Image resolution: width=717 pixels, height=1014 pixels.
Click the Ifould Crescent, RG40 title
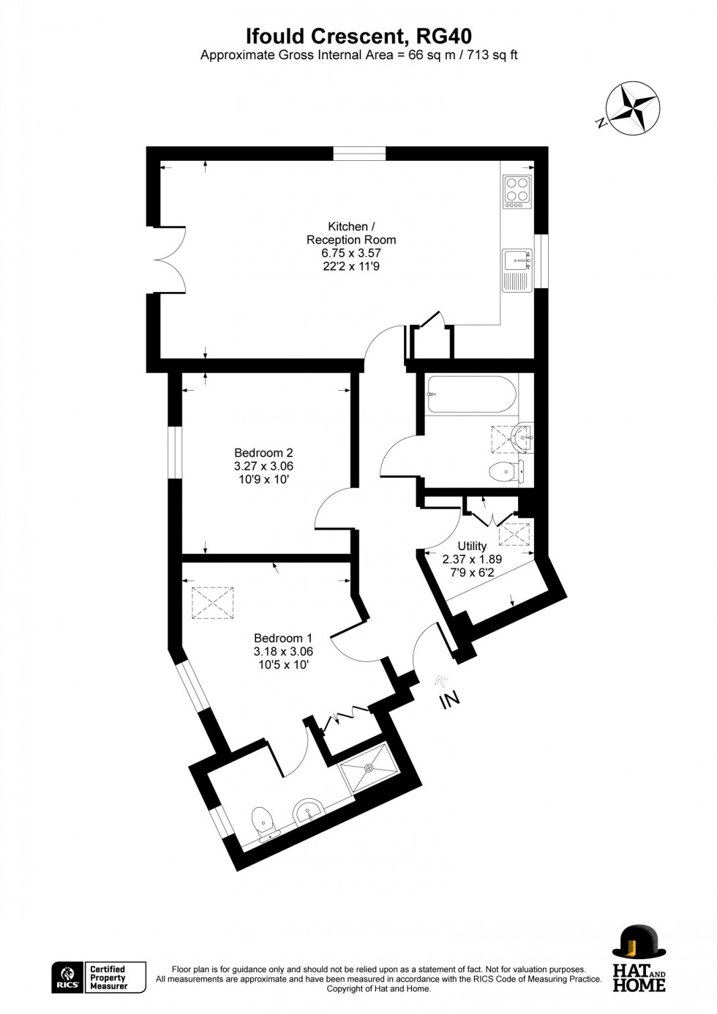(x=359, y=37)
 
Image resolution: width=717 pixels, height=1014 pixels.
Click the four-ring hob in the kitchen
(x=518, y=192)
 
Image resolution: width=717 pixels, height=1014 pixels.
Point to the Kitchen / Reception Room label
(x=351, y=233)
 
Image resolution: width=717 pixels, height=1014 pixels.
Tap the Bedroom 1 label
(x=283, y=638)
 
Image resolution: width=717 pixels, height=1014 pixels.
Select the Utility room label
(x=472, y=546)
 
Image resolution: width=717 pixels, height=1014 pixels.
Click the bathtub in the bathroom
(x=470, y=394)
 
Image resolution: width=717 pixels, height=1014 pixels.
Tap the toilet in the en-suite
(x=264, y=825)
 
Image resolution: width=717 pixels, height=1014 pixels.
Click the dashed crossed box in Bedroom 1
(x=213, y=603)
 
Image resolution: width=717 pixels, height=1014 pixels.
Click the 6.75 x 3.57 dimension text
(x=350, y=252)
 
